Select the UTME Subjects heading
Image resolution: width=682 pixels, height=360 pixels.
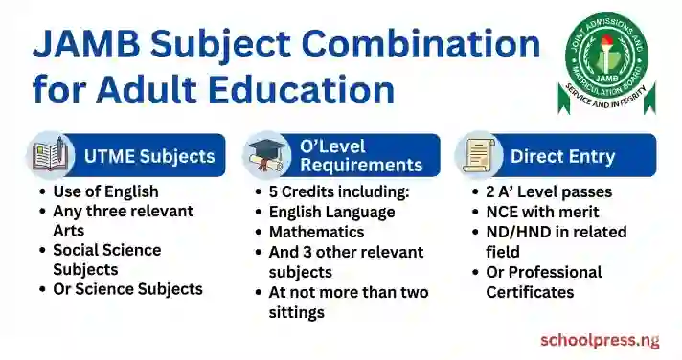click(148, 156)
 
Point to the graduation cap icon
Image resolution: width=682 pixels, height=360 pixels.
click(266, 155)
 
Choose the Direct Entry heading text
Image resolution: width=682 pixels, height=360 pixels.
click(562, 156)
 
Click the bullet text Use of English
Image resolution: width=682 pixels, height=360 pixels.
click(105, 191)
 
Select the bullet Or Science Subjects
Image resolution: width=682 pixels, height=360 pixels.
click(127, 289)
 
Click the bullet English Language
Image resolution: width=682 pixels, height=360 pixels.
click(331, 212)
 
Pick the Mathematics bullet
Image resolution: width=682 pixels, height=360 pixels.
click(316, 232)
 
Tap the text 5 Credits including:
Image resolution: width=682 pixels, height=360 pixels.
click(338, 191)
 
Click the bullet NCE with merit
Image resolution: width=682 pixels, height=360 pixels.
click(542, 212)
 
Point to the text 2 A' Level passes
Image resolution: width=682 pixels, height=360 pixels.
click(549, 191)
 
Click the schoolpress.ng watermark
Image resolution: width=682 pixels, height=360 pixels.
click(600, 340)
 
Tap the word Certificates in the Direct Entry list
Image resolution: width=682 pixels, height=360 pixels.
click(530, 292)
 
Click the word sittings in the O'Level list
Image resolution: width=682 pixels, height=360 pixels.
click(297, 312)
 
